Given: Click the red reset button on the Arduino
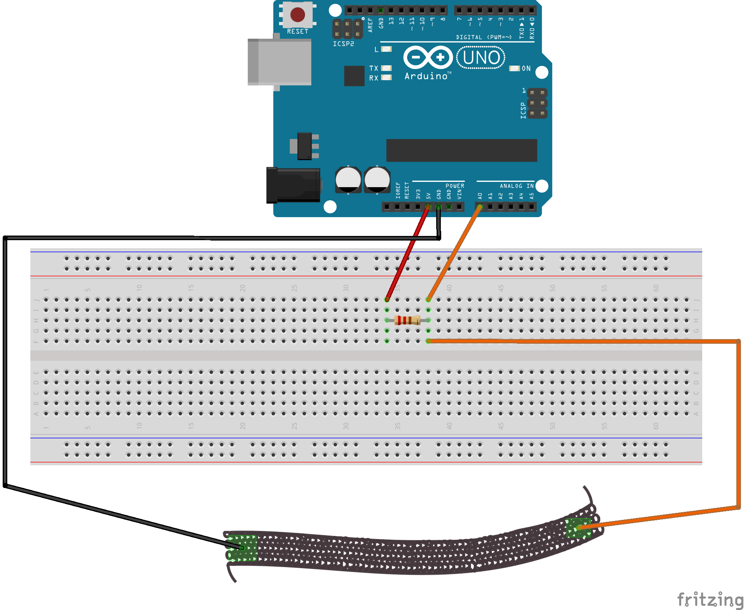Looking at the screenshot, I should (x=297, y=15).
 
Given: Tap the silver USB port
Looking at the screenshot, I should (x=279, y=62).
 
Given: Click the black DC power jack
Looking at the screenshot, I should (x=294, y=185).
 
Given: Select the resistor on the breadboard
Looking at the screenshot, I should (x=407, y=320).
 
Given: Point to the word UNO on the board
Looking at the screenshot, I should (x=481, y=58).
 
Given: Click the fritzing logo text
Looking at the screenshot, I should (x=710, y=599).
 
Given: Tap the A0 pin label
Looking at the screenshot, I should (x=480, y=196).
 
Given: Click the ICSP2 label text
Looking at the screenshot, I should (x=343, y=44).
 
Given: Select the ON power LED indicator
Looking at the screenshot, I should (x=514, y=68).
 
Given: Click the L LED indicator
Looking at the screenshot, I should (x=386, y=49).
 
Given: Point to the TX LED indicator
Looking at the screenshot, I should (x=386, y=68).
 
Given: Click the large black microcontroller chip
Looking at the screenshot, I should (x=462, y=150).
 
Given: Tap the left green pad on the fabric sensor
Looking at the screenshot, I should (x=242, y=547).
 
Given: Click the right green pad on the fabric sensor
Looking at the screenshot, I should (x=578, y=528).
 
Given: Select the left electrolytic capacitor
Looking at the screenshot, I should (x=348, y=180).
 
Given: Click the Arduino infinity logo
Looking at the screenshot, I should (x=428, y=58).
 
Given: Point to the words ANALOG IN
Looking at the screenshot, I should (x=516, y=186).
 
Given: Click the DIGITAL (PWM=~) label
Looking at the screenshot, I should (x=484, y=37).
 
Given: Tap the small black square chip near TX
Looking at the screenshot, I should (x=354, y=76).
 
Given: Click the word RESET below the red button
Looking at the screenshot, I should (x=297, y=31).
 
